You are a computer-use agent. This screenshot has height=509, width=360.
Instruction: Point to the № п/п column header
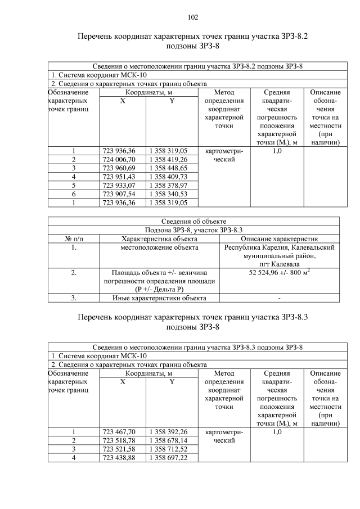pyautogui.click(x=74, y=238)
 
